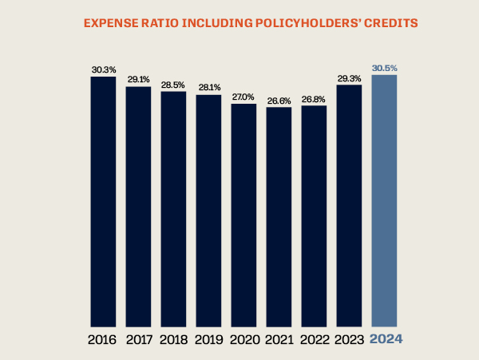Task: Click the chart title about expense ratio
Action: pyautogui.click(x=239, y=23)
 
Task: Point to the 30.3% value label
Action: pyautogui.click(x=104, y=70)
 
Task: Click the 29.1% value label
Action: pyautogui.click(x=139, y=80)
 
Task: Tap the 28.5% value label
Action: pyautogui.click(x=174, y=85)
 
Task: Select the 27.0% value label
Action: pyautogui.click(x=244, y=97)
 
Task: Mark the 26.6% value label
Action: pyautogui.click(x=279, y=101)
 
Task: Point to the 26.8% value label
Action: pyautogui.click(x=315, y=99)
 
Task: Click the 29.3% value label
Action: pyautogui.click(x=350, y=78)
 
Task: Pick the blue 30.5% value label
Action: pyautogui.click(x=385, y=69)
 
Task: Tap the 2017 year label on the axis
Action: pyautogui.click(x=139, y=339)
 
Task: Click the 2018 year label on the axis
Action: pyautogui.click(x=174, y=339)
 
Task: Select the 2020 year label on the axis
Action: pyautogui.click(x=244, y=339)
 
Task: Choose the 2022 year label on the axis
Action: pyautogui.click(x=315, y=339)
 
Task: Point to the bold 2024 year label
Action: pyautogui.click(x=386, y=339)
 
